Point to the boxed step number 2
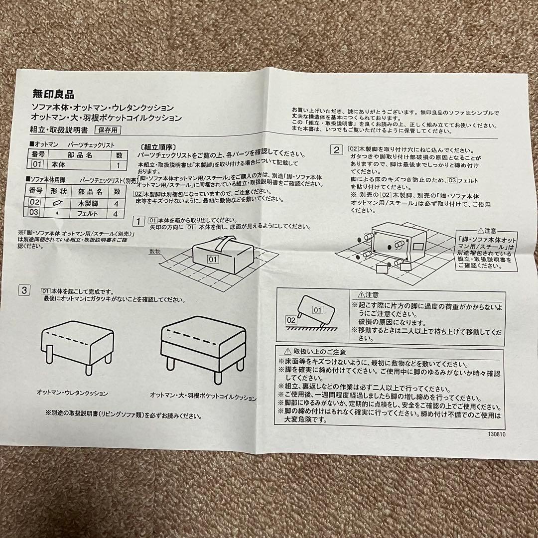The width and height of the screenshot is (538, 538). tap(337, 149)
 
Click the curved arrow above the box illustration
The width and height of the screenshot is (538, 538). tap(224, 244)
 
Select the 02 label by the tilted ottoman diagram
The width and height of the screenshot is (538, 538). tap(290, 319)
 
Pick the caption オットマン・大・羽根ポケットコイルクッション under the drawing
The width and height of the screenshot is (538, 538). tap(203, 397)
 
